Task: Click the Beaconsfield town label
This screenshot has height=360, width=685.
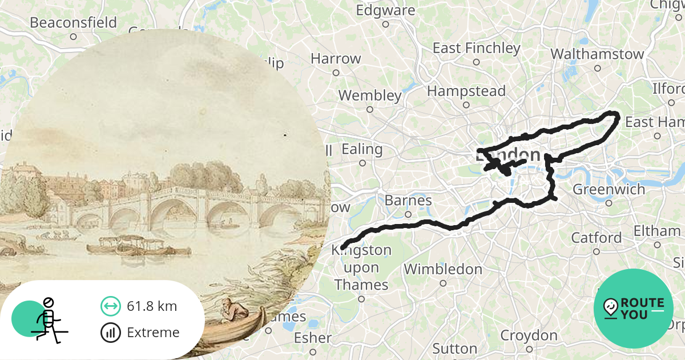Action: [x=73, y=23]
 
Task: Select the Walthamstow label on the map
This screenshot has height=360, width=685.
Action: [x=597, y=54]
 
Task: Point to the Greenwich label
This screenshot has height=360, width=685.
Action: [x=609, y=189]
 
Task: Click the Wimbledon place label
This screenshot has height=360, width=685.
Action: [x=443, y=269]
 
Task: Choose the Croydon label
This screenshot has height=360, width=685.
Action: [x=529, y=335]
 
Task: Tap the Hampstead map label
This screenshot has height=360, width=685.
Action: [x=466, y=91]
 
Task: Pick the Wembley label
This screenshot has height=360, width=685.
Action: [x=370, y=95]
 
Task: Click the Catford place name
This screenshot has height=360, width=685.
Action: [x=597, y=237]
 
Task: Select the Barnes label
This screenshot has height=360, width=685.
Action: [x=408, y=201]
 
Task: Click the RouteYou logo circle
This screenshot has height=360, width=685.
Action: [x=633, y=309]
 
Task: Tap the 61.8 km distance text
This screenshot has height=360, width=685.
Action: [x=152, y=306]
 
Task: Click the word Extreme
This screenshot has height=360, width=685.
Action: [x=153, y=332]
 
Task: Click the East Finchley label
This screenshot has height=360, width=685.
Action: [x=476, y=48]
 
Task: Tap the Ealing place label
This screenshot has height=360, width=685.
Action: [x=362, y=150]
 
